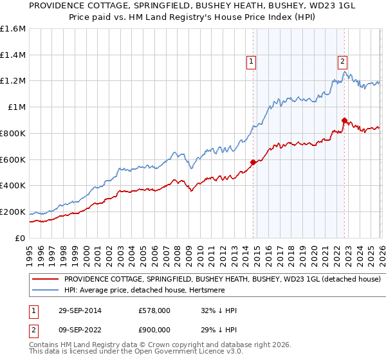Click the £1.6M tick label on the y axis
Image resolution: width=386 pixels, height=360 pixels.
[x=13, y=29]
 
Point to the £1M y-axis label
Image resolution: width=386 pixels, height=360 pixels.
[x=16, y=107]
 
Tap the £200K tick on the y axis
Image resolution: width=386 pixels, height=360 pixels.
[x=13, y=212]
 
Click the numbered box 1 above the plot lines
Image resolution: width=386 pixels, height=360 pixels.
[x=250, y=62]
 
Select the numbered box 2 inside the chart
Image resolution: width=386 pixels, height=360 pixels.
[x=342, y=62]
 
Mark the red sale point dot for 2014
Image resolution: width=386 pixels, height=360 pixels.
[x=253, y=162]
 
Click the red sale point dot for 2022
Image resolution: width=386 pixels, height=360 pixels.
[x=344, y=120]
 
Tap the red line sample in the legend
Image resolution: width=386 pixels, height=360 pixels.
[x=45, y=280]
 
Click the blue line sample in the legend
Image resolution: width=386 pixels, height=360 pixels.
[x=45, y=291]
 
